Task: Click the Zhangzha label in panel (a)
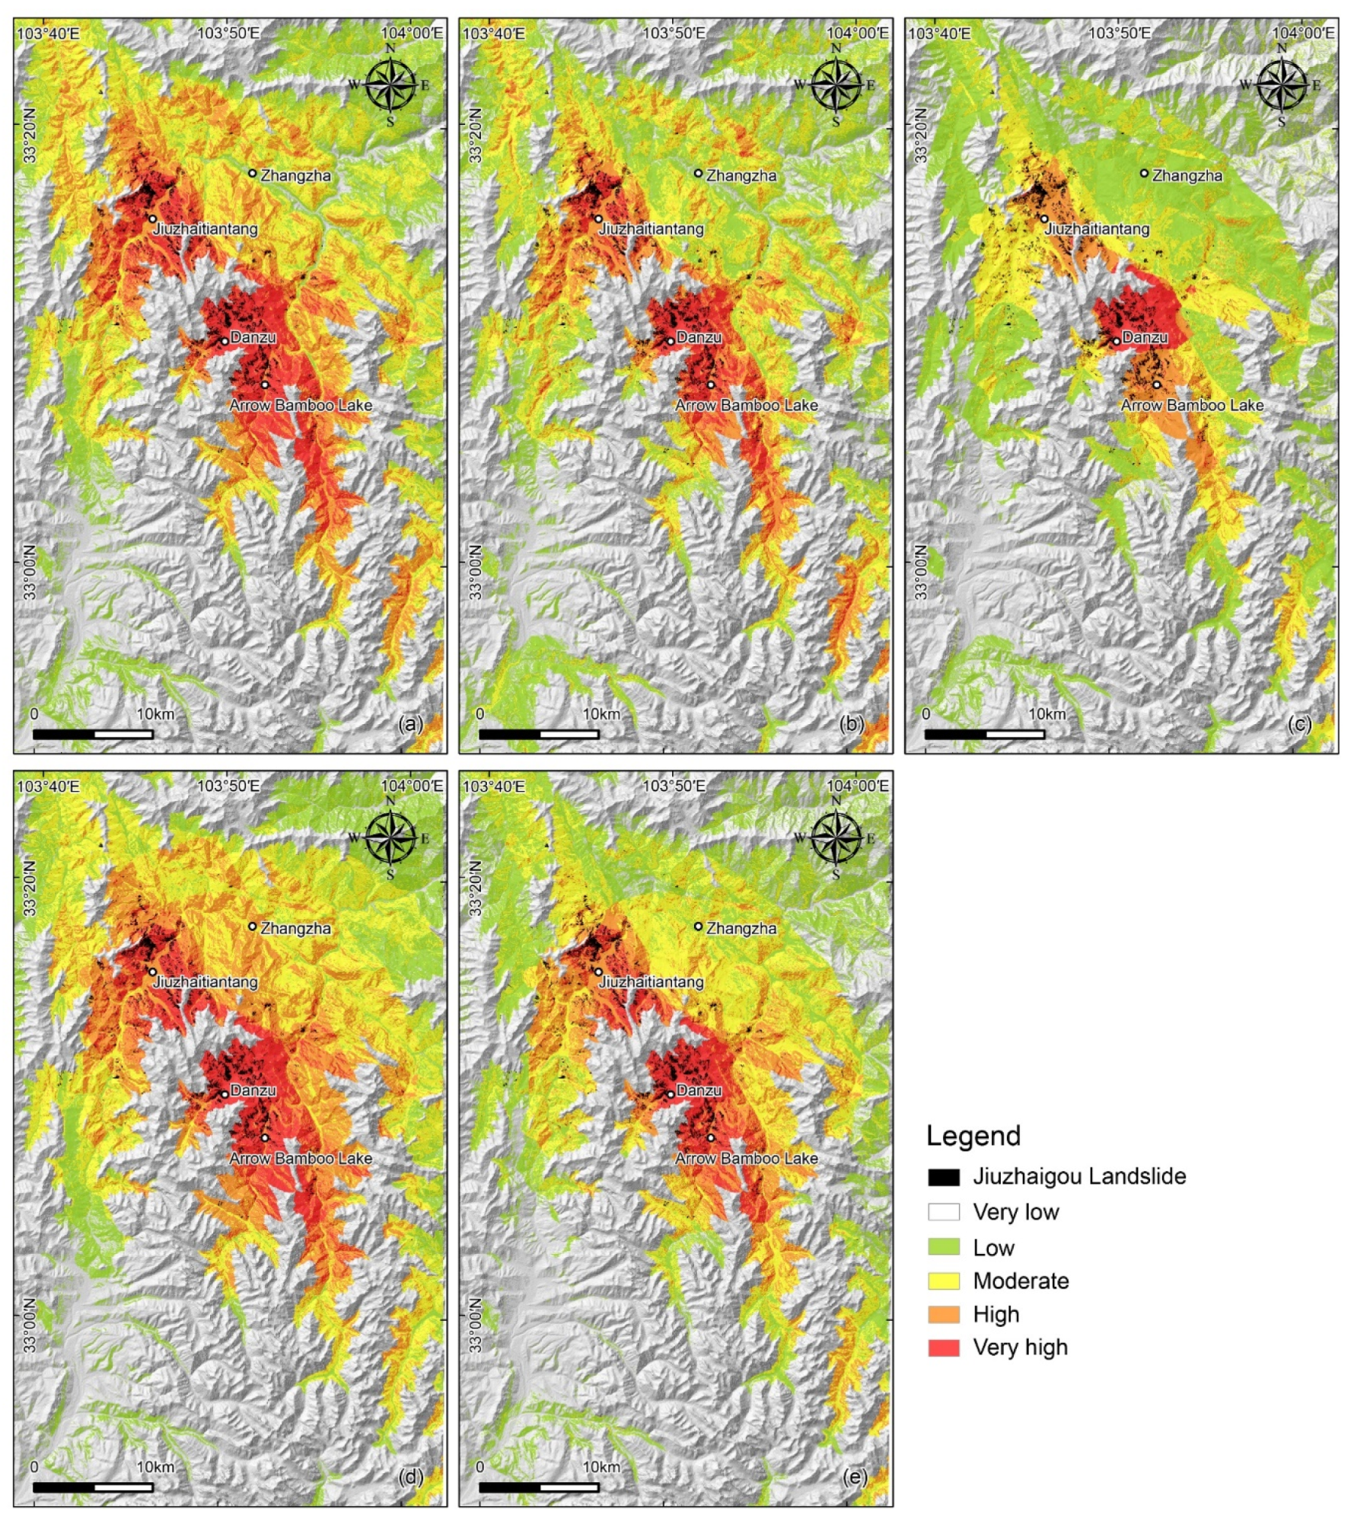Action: tap(295, 176)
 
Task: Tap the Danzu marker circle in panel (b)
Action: tap(670, 341)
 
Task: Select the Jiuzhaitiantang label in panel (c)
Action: tap(1097, 228)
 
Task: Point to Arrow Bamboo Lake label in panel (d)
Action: tap(301, 1158)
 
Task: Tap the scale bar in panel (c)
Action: tap(984, 734)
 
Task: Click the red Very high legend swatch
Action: tap(943, 1347)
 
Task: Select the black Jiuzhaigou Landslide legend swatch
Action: tap(943, 1176)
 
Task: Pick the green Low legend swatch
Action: tap(943, 1247)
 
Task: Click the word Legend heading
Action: tap(973, 1136)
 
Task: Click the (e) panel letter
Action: tap(855, 1477)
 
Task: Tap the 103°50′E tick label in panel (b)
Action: tap(674, 33)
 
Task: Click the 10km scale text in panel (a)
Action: tap(155, 714)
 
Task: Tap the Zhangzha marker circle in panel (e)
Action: tap(698, 927)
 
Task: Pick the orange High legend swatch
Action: tap(943, 1314)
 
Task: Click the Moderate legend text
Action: tap(1021, 1281)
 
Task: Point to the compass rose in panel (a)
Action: tap(390, 85)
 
